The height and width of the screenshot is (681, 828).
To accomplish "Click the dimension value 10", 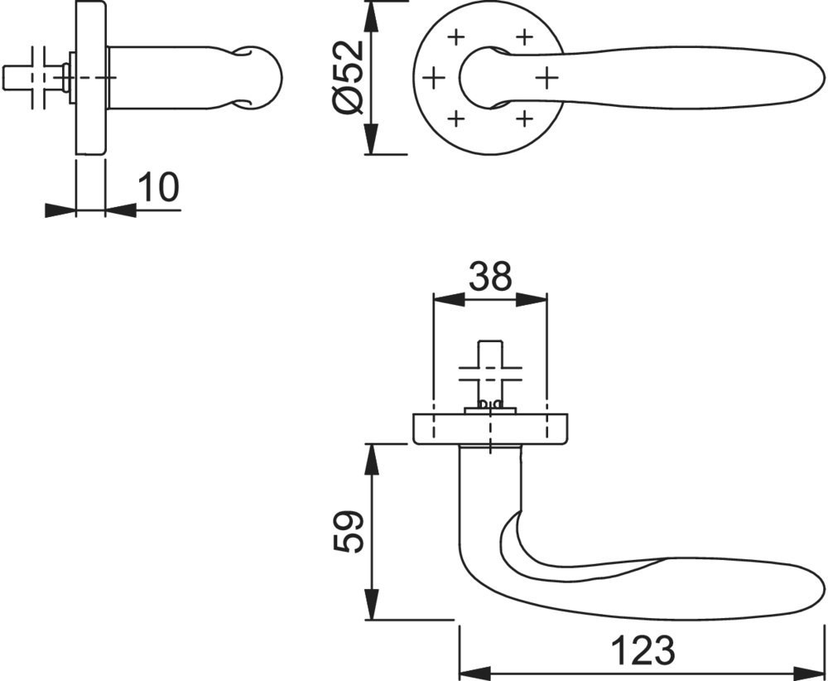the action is pos(159,187).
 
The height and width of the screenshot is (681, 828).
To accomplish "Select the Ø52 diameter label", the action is pos(349,77).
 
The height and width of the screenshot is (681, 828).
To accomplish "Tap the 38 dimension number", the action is pos(490,276).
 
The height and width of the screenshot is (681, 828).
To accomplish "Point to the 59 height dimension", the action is pos(349,531).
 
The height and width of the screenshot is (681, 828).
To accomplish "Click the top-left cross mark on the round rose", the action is pos(455,37).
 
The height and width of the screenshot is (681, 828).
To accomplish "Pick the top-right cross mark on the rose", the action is pos(524,37).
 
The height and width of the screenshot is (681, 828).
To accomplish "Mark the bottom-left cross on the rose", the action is pos(455,118).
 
